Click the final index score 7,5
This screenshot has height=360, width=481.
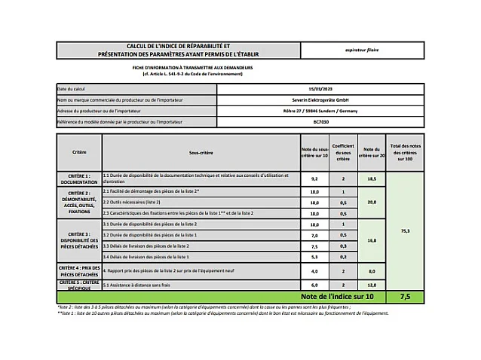[x=406, y=297]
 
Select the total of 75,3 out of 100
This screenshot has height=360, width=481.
[x=406, y=230]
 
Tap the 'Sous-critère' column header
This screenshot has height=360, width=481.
[x=201, y=152]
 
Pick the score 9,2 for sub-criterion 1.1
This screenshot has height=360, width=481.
[x=314, y=179]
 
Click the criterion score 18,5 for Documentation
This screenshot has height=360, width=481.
[x=371, y=179]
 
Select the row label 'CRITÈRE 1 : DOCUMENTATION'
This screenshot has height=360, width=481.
[x=79, y=179]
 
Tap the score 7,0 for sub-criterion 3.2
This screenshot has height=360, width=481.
[x=314, y=235]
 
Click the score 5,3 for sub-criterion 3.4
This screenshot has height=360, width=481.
[x=314, y=257]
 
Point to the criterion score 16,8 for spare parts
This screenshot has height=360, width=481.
[x=371, y=241]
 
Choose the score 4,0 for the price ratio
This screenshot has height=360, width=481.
[x=314, y=271]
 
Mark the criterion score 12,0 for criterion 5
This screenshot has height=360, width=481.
[x=371, y=285]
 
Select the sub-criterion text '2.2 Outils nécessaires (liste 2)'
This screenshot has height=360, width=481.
[x=132, y=203]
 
